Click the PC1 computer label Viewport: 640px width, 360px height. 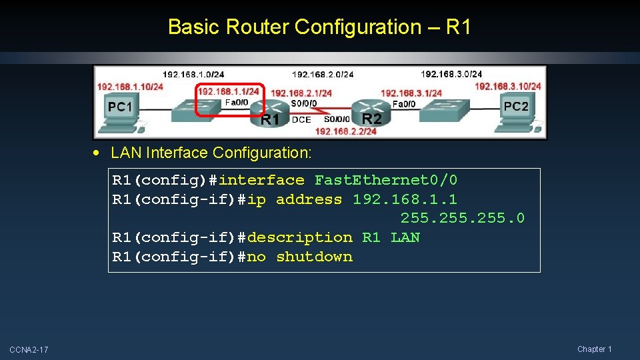tap(121, 107)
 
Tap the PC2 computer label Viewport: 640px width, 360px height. tap(516, 106)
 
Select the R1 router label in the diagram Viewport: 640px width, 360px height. tap(269, 120)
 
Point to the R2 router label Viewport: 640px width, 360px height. tap(371, 119)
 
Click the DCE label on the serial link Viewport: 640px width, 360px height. tap(301, 119)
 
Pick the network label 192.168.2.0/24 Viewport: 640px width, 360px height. tap(323, 74)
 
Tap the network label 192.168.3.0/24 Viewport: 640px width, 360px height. tap(451, 74)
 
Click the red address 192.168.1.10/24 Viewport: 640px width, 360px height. tap(130, 87)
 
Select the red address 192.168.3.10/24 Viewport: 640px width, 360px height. tap(508, 86)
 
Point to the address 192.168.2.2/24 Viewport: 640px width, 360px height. tap(345, 131)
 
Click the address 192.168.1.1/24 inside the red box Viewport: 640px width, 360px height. tap(229, 91)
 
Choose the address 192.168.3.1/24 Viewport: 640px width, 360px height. tap(411, 93)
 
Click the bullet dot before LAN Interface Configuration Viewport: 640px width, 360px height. tap(98, 153)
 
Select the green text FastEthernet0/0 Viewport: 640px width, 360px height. tap(386, 180)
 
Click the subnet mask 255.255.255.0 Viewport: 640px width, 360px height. tap(463, 218)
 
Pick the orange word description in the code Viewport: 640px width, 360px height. tap(299, 237)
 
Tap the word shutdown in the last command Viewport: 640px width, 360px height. tap(314, 257)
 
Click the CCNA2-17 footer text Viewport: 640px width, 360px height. tap(29, 349)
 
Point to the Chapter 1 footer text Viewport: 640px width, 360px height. tap(595, 349)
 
